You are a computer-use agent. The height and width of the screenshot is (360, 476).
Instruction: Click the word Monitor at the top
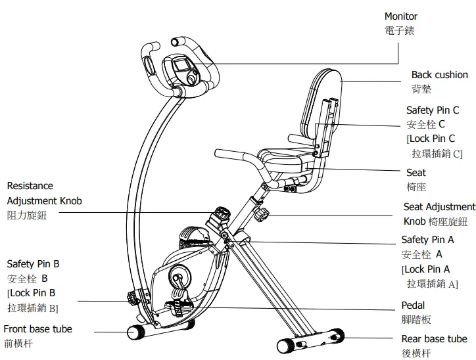[x=400, y=16]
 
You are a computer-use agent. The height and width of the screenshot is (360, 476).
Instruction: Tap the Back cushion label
[x=439, y=76]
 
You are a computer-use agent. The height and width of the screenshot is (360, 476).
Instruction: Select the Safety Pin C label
[x=432, y=110]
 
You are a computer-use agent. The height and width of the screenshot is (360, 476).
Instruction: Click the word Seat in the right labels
[x=416, y=173]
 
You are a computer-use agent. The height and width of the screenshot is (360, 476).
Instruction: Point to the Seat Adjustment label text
[x=439, y=207]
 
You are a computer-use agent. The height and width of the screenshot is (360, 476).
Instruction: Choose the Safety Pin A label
[x=427, y=240]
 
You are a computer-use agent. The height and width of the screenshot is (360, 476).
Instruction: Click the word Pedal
[x=413, y=305]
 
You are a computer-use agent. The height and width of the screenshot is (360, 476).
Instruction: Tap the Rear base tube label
[x=434, y=339]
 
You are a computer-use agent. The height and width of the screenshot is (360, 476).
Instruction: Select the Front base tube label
[x=38, y=328]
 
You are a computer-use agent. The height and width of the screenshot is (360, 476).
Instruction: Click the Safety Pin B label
[x=33, y=263]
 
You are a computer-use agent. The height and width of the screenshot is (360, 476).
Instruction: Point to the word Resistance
[x=30, y=186]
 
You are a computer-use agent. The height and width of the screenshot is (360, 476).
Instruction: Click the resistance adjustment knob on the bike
[x=221, y=214]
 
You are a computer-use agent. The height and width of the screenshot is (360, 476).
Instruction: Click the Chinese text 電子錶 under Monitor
[x=399, y=31]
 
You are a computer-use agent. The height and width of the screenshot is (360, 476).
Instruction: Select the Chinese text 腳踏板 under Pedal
[x=416, y=320]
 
